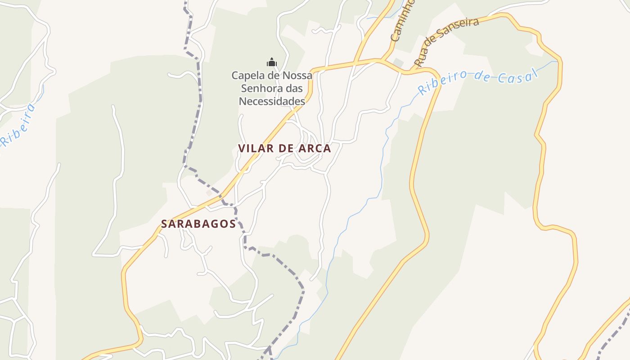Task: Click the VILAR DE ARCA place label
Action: tap(284, 148)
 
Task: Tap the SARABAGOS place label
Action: tap(198, 224)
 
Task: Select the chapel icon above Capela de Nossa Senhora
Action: tap(271, 62)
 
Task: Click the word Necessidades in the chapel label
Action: tap(272, 101)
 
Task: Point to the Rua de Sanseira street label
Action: tap(446, 42)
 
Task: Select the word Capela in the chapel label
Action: tap(246, 75)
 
